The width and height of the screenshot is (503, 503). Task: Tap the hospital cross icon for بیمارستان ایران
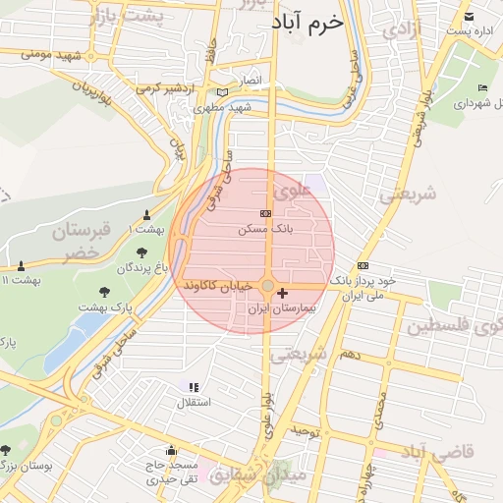[x=284, y=293]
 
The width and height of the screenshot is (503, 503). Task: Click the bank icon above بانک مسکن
[x=264, y=212]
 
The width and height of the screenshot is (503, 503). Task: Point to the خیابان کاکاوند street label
[x=219, y=285]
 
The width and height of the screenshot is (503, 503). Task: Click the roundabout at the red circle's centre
[x=267, y=285]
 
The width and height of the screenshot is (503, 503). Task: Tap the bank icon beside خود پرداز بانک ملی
[x=363, y=265]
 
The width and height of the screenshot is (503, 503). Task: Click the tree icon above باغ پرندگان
[x=143, y=252]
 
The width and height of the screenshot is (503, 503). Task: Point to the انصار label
[x=252, y=79]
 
